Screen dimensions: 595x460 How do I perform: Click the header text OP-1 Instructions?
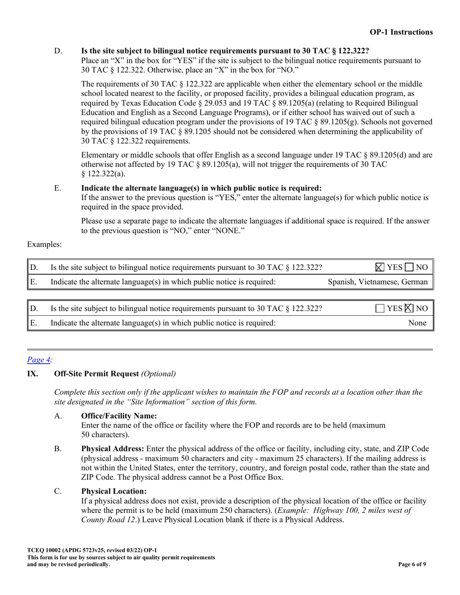[401, 32]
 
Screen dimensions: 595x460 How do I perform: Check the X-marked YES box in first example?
[380, 267]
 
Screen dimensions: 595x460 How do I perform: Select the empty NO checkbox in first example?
[409, 267]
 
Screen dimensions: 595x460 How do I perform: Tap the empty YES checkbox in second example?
[380, 308]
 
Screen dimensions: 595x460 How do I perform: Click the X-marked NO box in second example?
[409, 308]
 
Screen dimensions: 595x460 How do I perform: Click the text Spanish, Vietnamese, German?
[378, 282]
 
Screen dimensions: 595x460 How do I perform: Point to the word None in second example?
[418, 323]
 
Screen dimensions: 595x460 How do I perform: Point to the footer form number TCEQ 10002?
[45, 550]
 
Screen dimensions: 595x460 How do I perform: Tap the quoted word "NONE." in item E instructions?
[228, 231]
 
